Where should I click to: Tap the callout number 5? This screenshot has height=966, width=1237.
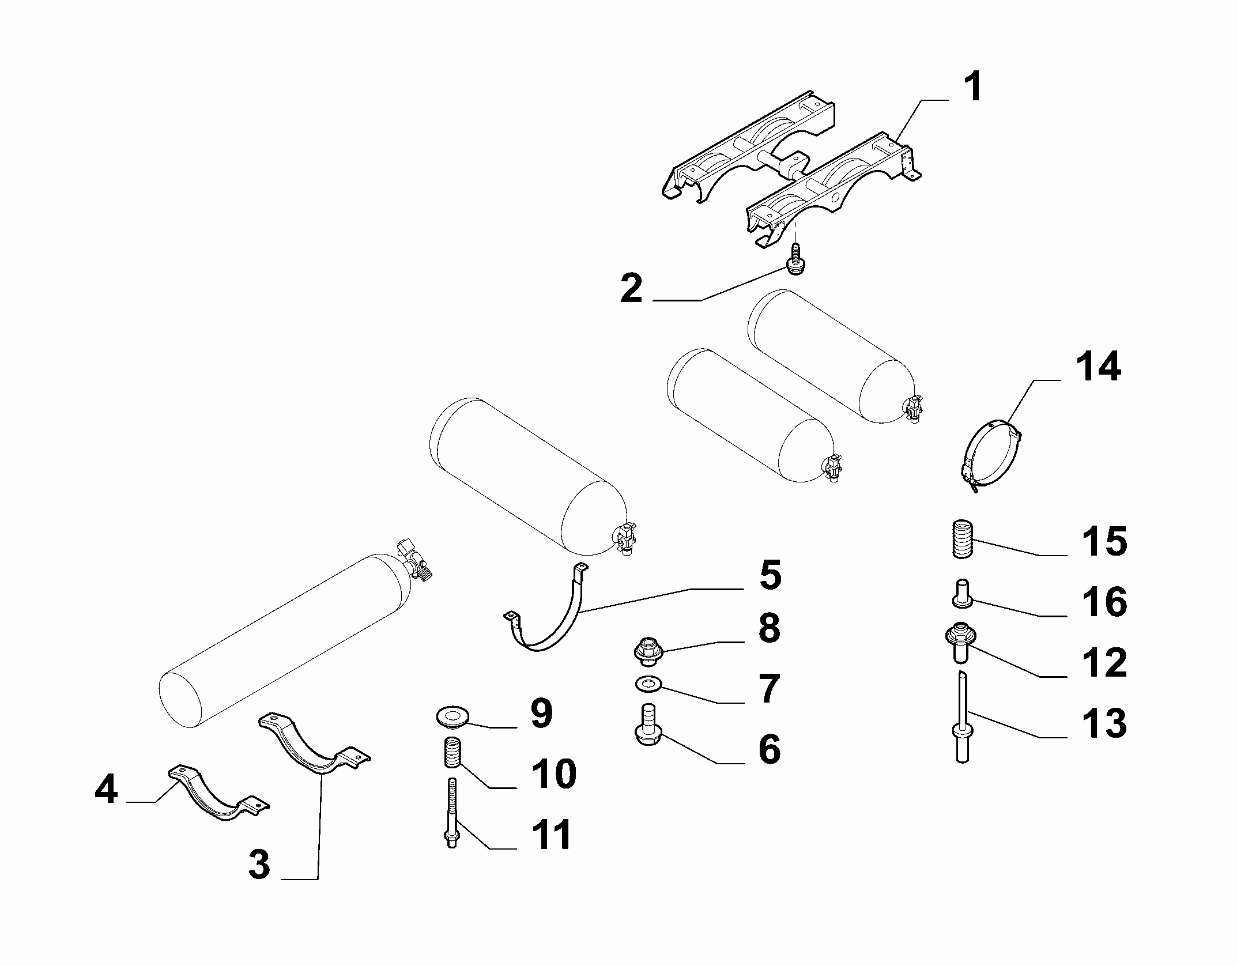point(770,575)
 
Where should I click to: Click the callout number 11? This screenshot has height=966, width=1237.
point(551,834)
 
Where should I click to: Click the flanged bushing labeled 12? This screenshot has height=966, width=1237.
point(959,642)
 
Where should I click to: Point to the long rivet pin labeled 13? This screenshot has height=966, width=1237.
point(961,717)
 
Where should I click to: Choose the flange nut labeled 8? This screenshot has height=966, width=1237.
point(648,650)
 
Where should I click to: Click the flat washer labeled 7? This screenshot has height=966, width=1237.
point(648,685)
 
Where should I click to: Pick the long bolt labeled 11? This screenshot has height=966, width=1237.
point(451,813)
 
